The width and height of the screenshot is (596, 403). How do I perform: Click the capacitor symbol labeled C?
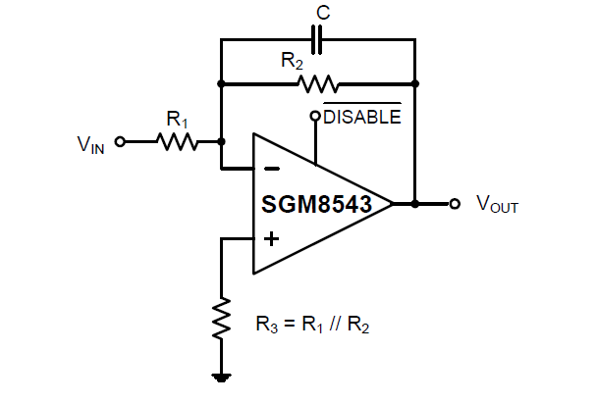tap(317, 41)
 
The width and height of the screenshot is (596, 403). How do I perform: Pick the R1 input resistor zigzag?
tap(178, 141)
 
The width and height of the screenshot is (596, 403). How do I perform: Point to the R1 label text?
tap(177, 120)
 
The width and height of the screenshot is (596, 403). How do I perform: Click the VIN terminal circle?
tap(121, 141)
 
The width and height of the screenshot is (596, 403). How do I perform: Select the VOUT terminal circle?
tap(454, 204)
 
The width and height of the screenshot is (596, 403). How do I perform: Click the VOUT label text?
tap(497, 204)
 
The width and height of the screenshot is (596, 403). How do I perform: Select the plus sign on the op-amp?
tap(271, 236)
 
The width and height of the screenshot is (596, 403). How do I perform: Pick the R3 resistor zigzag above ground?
tap(221, 317)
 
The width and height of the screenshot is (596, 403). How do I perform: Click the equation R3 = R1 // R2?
tap(311, 323)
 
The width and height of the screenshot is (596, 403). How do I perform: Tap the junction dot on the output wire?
tap(415, 204)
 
